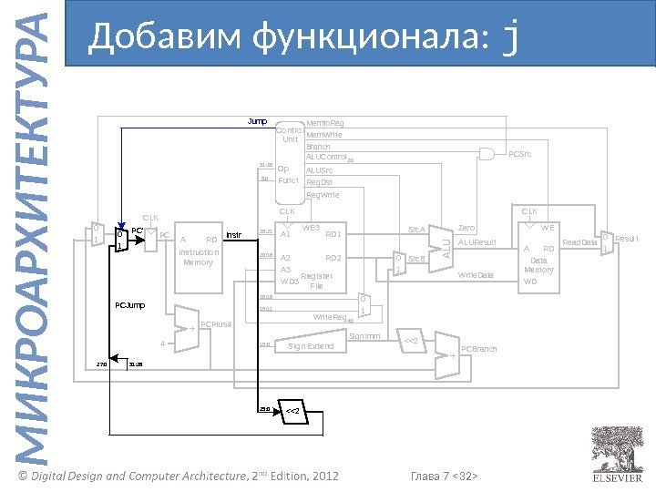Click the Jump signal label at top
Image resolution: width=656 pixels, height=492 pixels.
[x=258, y=120]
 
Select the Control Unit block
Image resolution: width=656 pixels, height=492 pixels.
[x=289, y=136]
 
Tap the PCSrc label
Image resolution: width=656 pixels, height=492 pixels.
[x=520, y=154]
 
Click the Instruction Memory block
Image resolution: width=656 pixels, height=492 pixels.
[x=198, y=256]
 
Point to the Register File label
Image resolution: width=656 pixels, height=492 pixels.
[x=316, y=281]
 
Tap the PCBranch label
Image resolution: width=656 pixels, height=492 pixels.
[x=479, y=349]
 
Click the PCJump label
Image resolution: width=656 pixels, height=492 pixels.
[x=129, y=303]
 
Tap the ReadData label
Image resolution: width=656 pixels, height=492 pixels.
[x=579, y=242]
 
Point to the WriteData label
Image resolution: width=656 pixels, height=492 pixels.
[x=476, y=274]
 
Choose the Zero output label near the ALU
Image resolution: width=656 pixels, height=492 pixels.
[x=466, y=227]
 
